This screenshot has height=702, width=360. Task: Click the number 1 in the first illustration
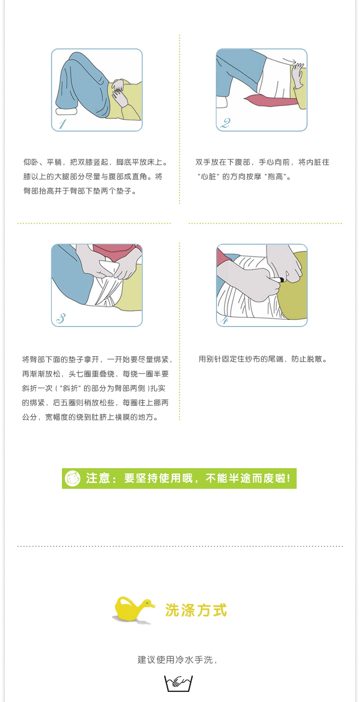coord(62,124)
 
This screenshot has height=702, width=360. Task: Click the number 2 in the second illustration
coord(225,123)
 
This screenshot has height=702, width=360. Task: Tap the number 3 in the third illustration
coord(61,318)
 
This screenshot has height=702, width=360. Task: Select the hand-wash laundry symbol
coord(178,683)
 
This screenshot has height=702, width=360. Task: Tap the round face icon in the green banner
coord(72,479)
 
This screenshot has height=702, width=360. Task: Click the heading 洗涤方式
coord(196,610)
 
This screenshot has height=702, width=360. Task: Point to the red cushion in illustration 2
coord(269,100)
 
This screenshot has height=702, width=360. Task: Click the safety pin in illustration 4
coord(277,279)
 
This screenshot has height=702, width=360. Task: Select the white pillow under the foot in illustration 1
coord(66,111)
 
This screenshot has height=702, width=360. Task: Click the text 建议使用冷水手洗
coord(175,660)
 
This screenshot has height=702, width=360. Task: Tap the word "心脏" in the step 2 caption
coord(208,177)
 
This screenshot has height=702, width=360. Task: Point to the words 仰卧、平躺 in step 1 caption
coord(42,162)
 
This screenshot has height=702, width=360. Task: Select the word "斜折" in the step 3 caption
coord(70,388)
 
